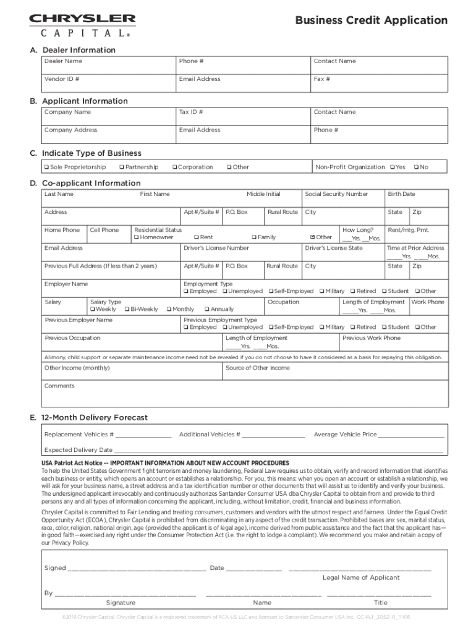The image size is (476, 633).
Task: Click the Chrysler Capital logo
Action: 82,26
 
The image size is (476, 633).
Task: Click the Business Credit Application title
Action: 371,20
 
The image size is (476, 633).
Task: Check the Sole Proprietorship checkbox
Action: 46,168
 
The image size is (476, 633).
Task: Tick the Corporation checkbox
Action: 175,168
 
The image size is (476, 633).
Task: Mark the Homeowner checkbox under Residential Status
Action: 137,237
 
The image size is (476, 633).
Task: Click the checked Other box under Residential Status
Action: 312,237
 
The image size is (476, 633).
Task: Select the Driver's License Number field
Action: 241,252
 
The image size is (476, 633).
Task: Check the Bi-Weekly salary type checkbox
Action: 127,309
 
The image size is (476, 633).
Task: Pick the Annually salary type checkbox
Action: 207,309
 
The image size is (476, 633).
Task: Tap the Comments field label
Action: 59,386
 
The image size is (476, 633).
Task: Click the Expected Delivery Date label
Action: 79,450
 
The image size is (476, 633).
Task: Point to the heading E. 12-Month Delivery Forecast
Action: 90,418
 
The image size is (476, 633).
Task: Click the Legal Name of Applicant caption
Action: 360,577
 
